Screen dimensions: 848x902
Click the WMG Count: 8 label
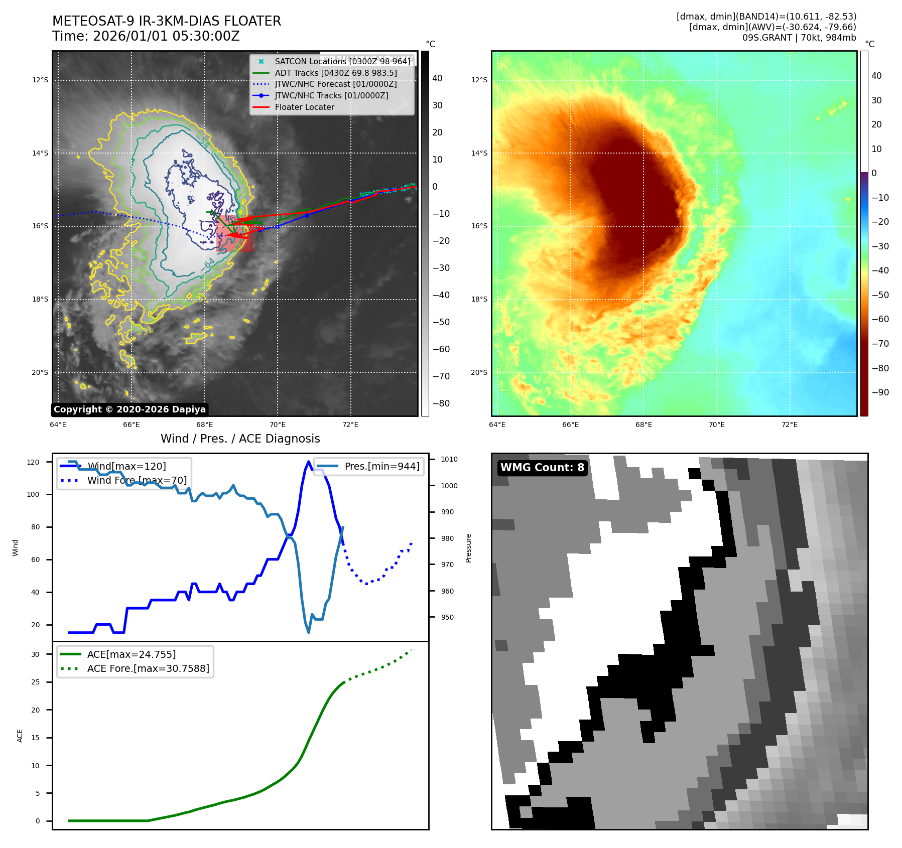point(542,468)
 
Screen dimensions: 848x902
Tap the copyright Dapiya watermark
point(130,409)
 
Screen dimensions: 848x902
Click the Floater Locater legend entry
point(304,107)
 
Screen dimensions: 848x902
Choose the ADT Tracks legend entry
point(336,73)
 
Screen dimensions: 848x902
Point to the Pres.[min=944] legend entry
point(381,466)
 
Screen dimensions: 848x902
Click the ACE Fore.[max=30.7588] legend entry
point(148,668)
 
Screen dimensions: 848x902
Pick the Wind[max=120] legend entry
point(126,466)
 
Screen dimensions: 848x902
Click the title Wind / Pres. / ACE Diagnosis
point(240,439)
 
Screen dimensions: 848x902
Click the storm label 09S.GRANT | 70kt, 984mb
point(799,37)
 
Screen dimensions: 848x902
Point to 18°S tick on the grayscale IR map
point(40,299)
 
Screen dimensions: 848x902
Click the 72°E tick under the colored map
point(790,425)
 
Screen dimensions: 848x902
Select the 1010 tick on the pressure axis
point(449,459)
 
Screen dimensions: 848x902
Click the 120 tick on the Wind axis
point(33,462)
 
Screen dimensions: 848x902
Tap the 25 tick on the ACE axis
point(35,682)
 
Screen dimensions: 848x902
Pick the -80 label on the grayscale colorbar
point(441,403)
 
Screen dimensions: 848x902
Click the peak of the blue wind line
point(308,462)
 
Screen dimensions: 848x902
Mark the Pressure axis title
point(468,548)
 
